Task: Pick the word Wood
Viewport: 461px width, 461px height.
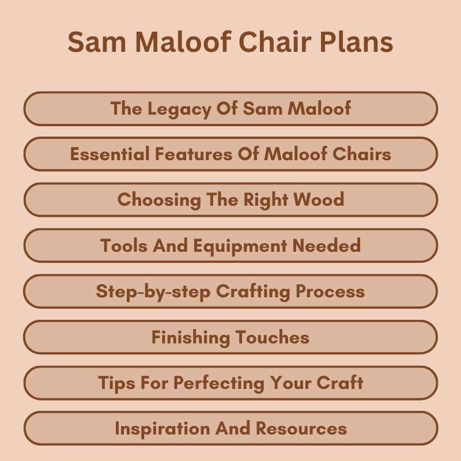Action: [319, 200]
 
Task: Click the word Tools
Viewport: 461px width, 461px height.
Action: [123, 246]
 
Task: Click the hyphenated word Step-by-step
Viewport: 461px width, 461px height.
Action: [153, 292]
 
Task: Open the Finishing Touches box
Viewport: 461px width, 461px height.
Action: [231, 338]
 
